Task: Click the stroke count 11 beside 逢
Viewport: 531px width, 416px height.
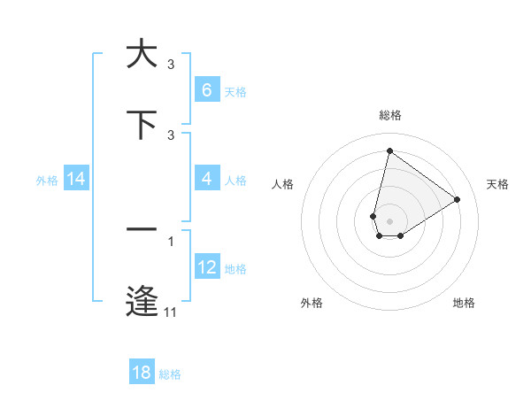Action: point(171,312)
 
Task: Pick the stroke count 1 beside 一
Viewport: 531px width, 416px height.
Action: point(171,241)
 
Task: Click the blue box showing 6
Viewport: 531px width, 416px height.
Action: point(206,90)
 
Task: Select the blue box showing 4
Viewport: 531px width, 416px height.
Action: point(206,179)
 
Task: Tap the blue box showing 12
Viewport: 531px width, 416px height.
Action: point(206,267)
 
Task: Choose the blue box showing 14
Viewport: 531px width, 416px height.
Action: point(76,179)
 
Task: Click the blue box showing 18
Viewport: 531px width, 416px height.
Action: point(141,373)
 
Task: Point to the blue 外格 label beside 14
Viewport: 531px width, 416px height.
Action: point(47,180)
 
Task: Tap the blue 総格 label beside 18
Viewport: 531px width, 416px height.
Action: point(170,374)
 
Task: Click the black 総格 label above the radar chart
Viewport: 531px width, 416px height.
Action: point(389,115)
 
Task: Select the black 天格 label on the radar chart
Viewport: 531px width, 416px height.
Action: point(498,184)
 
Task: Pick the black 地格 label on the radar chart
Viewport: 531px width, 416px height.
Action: point(464,303)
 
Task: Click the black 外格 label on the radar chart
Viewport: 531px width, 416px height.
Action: point(312,303)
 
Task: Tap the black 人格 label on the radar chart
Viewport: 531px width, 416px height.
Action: point(283,184)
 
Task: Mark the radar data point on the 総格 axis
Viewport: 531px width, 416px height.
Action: point(389,150)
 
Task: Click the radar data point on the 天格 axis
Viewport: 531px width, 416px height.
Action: point(457,199)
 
